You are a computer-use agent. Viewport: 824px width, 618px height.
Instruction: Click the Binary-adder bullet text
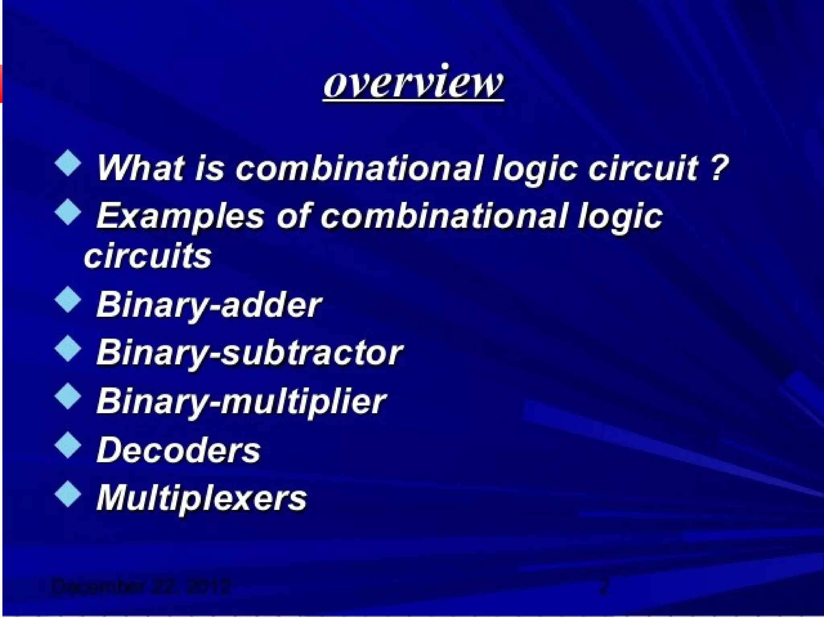pos(209,305)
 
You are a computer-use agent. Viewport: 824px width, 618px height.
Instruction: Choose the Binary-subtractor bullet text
pos(249,353)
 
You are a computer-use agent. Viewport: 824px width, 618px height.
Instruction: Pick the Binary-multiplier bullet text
pos(241,401)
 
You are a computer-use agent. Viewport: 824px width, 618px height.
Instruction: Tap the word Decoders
pos(179,450)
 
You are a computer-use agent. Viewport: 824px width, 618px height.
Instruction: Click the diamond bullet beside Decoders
pos(68,445)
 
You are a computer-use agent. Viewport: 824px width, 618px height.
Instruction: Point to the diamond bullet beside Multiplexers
pos(68,494)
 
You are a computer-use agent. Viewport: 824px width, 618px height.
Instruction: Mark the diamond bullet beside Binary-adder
pos(68,299)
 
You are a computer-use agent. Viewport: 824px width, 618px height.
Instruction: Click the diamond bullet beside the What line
pos(68,163)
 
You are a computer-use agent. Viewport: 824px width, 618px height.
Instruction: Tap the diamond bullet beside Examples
pos(68,212)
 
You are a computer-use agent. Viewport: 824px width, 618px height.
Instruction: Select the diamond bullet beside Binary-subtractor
pos(68,348)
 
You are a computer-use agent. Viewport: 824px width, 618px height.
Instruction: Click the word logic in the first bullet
pos(536,168)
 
